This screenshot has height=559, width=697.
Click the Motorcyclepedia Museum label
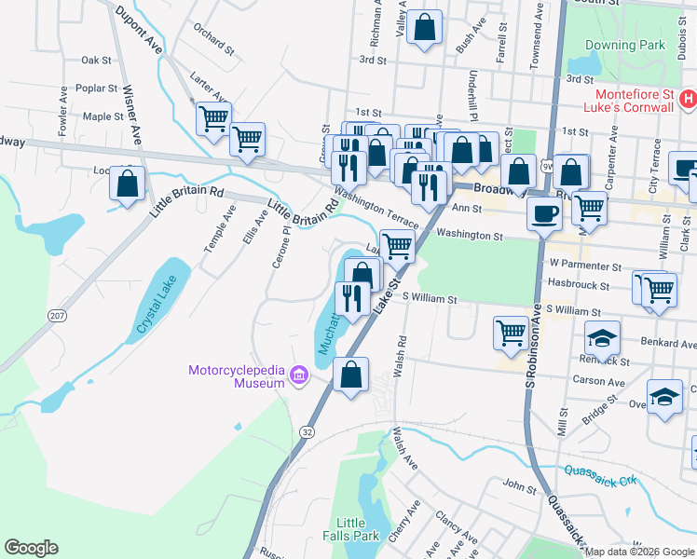(x=236, y=376)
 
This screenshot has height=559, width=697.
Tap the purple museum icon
(x=299, y=375)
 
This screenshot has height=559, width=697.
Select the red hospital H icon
(x=688, y=97)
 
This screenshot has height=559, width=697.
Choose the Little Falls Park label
(x=358, y=529)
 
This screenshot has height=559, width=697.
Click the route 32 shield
(x=307, y=431)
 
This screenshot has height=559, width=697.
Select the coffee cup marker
(x=544, y=213)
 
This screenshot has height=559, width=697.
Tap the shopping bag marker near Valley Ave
(x=425, y=28)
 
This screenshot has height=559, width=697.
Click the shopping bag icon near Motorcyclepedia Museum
(x=350, y=375)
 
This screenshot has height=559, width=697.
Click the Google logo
(x=32, y=547)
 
